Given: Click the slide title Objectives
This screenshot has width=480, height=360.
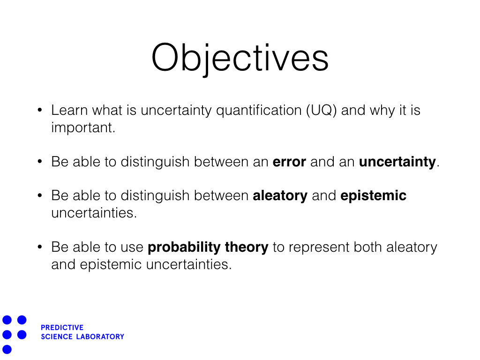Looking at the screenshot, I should click(x=240, y=59).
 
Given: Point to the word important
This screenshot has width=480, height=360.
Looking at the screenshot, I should click(x=82, y=128).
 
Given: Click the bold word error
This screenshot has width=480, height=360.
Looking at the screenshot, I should click(x=289, y=162).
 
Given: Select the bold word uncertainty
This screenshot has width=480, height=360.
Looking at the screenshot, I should click(x=397, y=162).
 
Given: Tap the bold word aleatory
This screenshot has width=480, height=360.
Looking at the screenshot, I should click(x=280, y=196).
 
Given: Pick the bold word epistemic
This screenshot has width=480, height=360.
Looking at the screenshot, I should click(x=373, y=196).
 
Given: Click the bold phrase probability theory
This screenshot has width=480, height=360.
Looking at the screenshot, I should click(x=208, y=247).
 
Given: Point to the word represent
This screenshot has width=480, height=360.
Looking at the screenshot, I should click(x=319, y=247).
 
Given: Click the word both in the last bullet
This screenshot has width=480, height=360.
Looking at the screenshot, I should click(x=369, y=247).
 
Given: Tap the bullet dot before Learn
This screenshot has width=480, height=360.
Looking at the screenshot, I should click(x=40, y=111).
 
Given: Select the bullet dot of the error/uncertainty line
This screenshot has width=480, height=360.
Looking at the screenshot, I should click(x=40, y=162).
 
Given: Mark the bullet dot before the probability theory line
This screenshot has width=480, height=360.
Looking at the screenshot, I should click(x=40, y=247).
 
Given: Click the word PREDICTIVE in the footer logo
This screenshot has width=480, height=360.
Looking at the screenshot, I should click(x=62, y=328).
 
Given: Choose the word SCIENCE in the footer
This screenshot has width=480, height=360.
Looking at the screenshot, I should click(x=57, y=337).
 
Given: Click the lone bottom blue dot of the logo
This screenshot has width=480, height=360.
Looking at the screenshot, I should click(x=7, y=349).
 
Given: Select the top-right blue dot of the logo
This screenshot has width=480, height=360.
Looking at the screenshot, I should click(x=22, y=320).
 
